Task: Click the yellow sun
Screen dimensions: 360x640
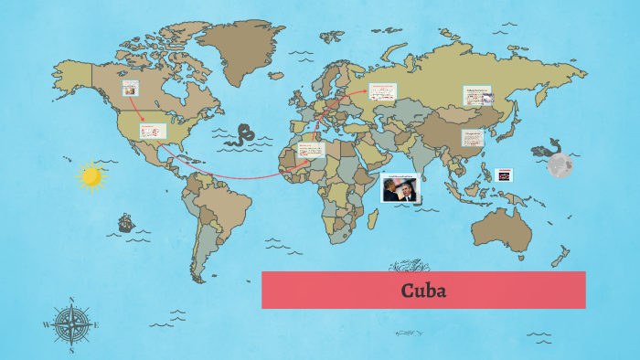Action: click(91, 176)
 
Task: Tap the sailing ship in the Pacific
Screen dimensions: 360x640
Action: click(125, 222)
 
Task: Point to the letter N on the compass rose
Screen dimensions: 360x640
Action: click(71, 300)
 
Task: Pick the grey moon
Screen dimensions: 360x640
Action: click(560, 165)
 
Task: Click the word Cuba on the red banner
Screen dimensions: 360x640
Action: click(422, 291)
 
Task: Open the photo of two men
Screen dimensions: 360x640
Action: click(400, 187)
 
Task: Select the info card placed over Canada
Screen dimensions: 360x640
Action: click(132, 89)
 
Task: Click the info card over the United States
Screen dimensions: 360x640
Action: click(153, 132)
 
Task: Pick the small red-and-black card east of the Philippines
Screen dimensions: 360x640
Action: click(504, 175)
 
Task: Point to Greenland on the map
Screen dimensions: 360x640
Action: click(240, 46)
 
